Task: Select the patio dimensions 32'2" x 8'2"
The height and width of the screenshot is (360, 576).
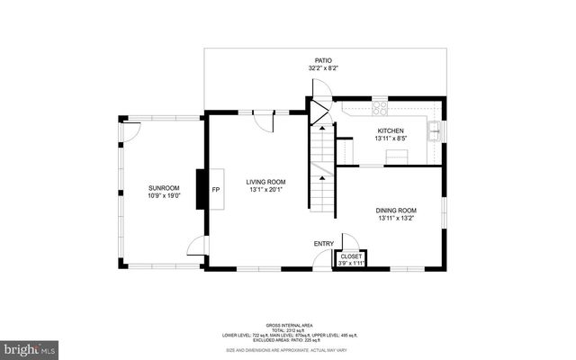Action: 310,67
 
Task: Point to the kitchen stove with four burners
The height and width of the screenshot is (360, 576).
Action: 380,106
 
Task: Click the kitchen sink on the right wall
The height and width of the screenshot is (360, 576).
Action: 436,130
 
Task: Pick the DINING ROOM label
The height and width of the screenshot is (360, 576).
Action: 396,211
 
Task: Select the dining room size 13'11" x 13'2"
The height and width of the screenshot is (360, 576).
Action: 396,219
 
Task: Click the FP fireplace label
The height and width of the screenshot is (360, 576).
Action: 215,191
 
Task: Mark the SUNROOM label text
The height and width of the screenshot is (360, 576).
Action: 163,188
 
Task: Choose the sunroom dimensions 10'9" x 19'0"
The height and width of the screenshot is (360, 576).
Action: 163,196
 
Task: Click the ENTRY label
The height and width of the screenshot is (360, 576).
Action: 323,243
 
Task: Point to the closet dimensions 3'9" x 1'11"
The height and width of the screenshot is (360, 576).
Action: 349,264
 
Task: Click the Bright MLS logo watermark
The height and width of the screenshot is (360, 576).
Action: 29,346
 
